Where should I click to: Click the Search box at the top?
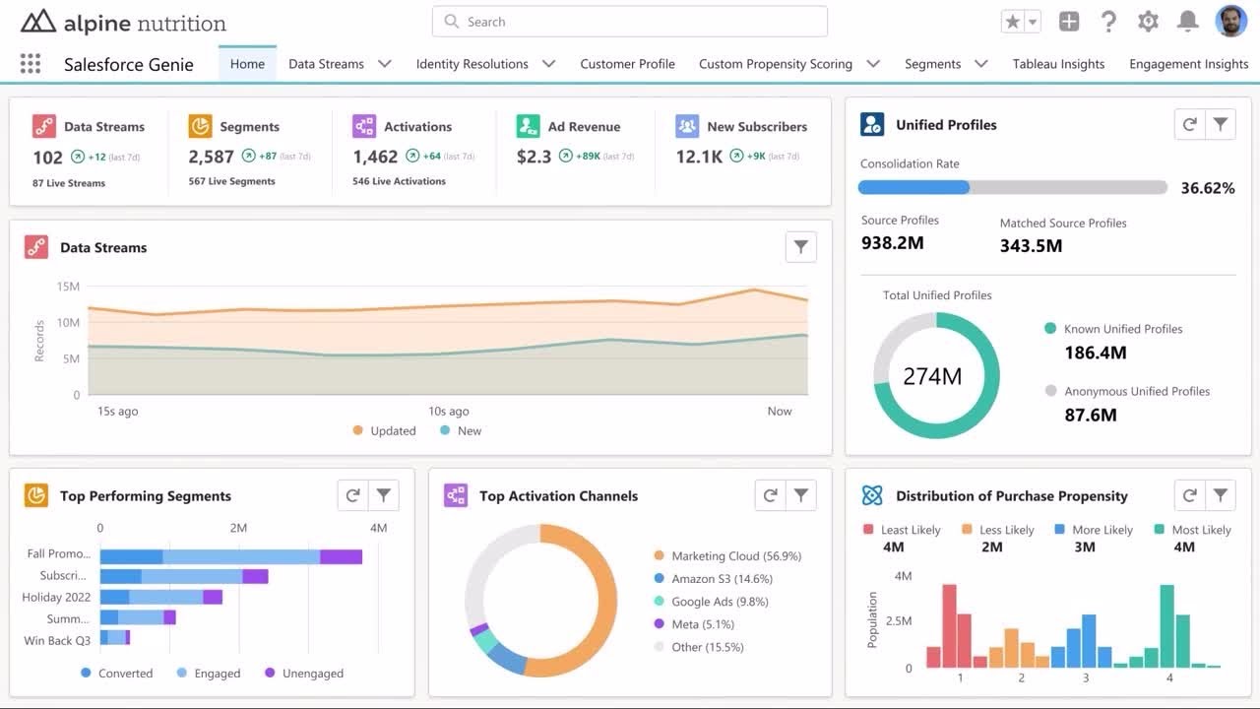pos(630,22)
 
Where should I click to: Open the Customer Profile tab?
pos(627,64)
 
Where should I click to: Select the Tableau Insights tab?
pos(1058,64)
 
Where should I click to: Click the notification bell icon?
pos(1188,22)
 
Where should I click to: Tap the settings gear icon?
pos(1148,22)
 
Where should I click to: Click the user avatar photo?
pos(1230,21)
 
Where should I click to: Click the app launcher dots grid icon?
pos(31,64)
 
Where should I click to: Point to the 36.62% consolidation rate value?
pos(1207,188)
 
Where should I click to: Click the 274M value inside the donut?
pos(932,376)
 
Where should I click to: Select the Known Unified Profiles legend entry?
pos(1122,329)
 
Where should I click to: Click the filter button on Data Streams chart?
pos(801,247)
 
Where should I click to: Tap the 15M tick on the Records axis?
pos(68,287)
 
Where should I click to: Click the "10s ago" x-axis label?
pos(448,412)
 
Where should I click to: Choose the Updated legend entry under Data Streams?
pos(384,431)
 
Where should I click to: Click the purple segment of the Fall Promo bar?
pos(342,557)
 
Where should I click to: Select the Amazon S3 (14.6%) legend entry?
pos(721,579)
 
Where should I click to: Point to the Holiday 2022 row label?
pos(56,598)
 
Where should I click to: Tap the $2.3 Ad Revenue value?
pos(534,157)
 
